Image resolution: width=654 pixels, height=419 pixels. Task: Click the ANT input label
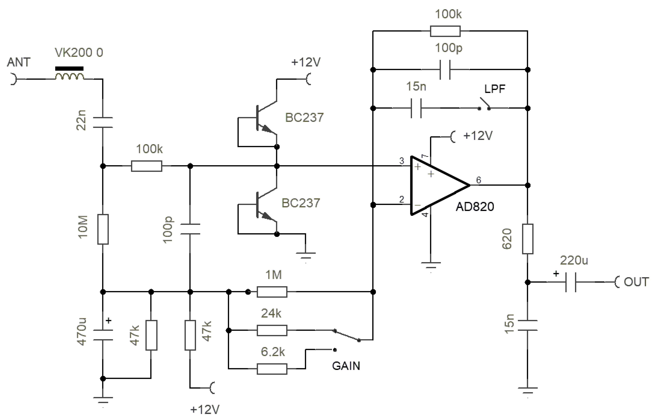[18, 62]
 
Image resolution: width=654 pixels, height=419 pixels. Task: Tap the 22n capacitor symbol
[103, 122]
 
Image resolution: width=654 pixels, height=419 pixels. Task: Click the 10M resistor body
[103, 229]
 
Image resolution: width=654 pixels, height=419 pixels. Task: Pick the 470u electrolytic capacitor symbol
[103, 335]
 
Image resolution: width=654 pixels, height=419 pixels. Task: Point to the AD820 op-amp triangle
[435, 186]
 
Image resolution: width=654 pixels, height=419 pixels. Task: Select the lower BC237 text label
[301, 203]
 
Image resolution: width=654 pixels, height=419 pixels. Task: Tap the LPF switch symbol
[484, 105]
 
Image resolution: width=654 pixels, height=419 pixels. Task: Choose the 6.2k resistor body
[272, 369]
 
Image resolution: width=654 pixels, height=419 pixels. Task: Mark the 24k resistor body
[272, 330]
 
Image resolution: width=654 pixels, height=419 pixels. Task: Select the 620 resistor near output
[527, 239]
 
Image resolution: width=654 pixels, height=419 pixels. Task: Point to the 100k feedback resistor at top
[445, 31]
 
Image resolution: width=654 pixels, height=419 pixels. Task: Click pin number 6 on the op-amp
[478, 180]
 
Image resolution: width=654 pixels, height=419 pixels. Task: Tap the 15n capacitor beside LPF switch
[416, 108]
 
